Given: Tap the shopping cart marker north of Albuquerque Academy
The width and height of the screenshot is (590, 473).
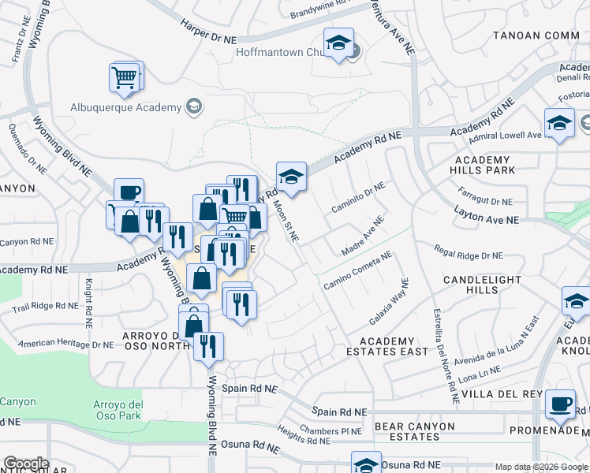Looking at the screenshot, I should (125, 76).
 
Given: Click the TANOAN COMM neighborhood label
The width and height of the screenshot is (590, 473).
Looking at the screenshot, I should (536, 35).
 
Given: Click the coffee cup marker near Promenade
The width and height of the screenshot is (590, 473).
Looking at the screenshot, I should (561, 404).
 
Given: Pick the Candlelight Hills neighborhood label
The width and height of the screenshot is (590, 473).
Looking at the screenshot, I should (482, 285).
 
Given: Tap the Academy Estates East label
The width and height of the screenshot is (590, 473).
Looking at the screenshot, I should (387, 346).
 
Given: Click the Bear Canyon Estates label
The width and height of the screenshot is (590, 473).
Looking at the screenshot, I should (415, 431).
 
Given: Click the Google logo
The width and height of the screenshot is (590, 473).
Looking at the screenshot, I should (26, 464).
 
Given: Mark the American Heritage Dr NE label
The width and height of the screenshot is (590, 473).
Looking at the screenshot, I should (65, 344).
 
